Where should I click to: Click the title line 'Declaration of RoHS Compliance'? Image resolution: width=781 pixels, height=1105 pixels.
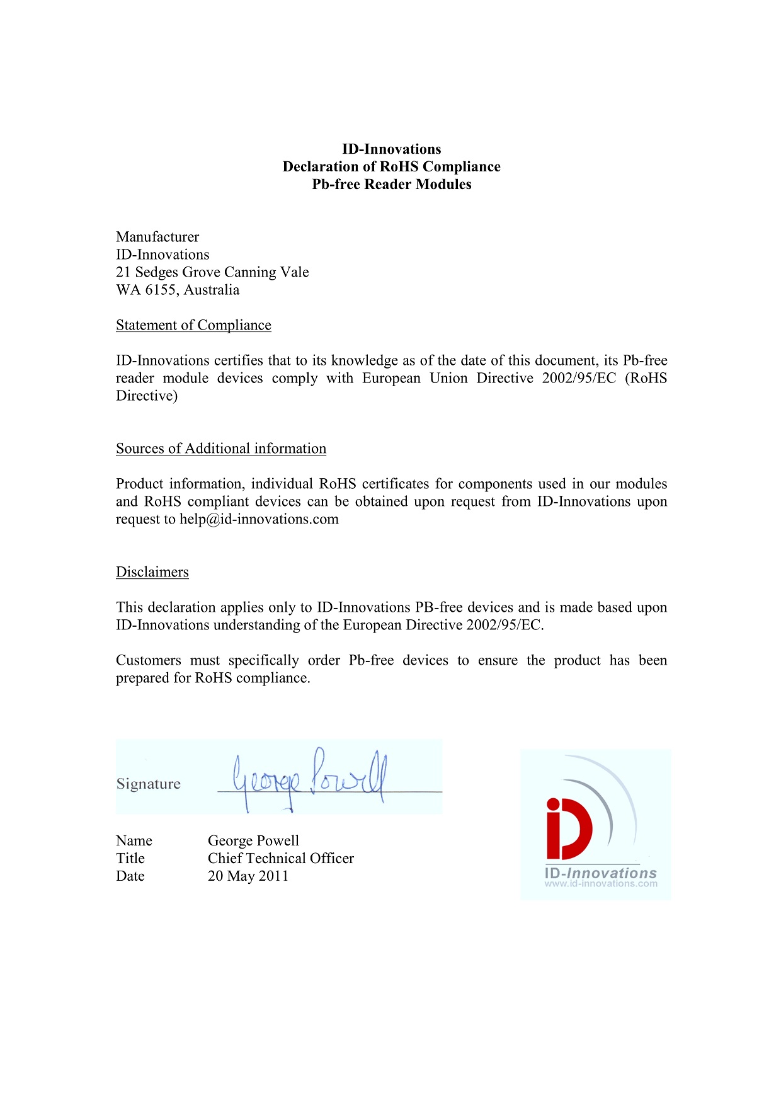(x=391, y=167)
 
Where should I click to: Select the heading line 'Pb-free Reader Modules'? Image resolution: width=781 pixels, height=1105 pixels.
(x=391, y=185)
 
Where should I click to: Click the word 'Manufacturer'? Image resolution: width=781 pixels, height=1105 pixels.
(x=157, y=237)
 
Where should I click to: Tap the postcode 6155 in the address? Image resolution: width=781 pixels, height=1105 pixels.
(x=161, y=290)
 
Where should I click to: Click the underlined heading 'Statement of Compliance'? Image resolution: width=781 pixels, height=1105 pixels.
(x=193, y=325)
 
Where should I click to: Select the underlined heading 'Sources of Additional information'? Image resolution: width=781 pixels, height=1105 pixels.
(x=221, y=449)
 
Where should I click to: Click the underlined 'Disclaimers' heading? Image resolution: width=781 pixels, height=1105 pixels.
(x=152, y=572)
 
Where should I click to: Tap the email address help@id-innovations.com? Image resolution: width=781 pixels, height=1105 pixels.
(x=259, y=519)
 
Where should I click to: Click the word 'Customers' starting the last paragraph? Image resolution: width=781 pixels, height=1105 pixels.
(x=149, y=660)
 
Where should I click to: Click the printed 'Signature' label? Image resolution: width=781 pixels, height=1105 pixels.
(x=149, y=784)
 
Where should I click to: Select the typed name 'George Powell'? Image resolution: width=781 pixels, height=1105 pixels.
(x=253, y=840)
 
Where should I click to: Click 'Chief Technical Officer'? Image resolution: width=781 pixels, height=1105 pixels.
(x=281, y=858)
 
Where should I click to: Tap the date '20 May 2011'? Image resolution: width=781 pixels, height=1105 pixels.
(x=248, y=876)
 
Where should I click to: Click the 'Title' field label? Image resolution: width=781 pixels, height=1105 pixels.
(x=130, y=858)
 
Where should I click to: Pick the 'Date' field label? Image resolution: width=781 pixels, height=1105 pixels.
(x=130, y=876)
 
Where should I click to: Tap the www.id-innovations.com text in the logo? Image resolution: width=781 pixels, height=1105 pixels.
(x=601, y=884)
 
